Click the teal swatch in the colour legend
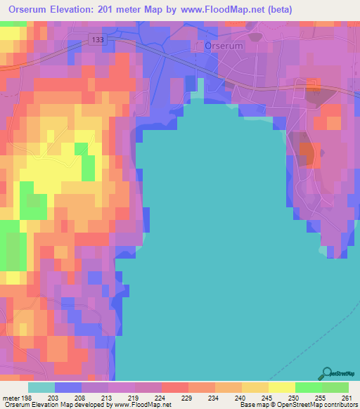[x=41, y=387]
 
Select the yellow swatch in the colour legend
[x=281, y=387]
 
